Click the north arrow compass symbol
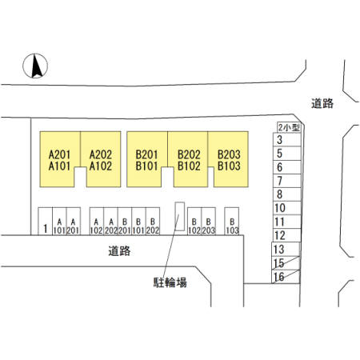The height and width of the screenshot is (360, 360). click(35, 66)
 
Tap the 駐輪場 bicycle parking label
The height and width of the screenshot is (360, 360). click(170, 282)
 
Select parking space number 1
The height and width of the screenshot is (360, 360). click(46, 222)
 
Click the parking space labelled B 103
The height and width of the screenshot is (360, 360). click(232, 222)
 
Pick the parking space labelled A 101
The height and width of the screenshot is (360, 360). click(59, 222)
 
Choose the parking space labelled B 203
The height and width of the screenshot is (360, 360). click(208, 222)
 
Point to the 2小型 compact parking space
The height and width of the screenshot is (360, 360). click(289, 127)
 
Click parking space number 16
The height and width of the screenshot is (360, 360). click(286, 277)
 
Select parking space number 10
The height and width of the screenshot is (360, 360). click(287, 208)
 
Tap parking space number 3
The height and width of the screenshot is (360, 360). click(287, 139)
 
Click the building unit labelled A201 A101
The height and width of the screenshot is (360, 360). click(60, 159)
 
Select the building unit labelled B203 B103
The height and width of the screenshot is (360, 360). click(228, 159)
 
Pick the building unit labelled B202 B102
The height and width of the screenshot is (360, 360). click(188, 159)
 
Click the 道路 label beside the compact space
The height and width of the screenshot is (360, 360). click(322, 103)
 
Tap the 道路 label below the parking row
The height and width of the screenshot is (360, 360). click(119, 251)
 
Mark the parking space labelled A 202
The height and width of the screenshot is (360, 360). click(110, 222)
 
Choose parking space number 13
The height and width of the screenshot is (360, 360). click(286, 249)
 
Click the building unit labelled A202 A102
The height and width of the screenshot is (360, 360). click(101, 159)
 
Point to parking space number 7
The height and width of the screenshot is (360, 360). click(287, 181)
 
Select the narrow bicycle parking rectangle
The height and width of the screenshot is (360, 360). click(179, 216)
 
